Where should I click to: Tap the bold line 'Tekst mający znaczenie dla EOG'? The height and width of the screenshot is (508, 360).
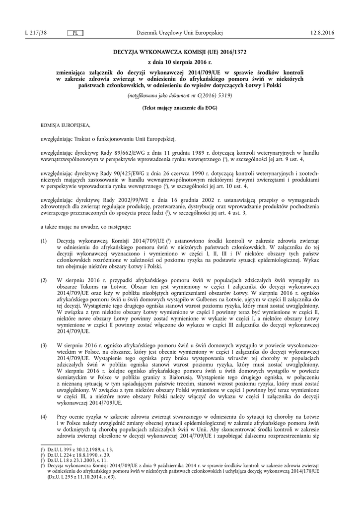pyautogui.click(x=180, y=108)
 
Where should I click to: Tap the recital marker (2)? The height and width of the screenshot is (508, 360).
pyautogui.click(x=44, y=280)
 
